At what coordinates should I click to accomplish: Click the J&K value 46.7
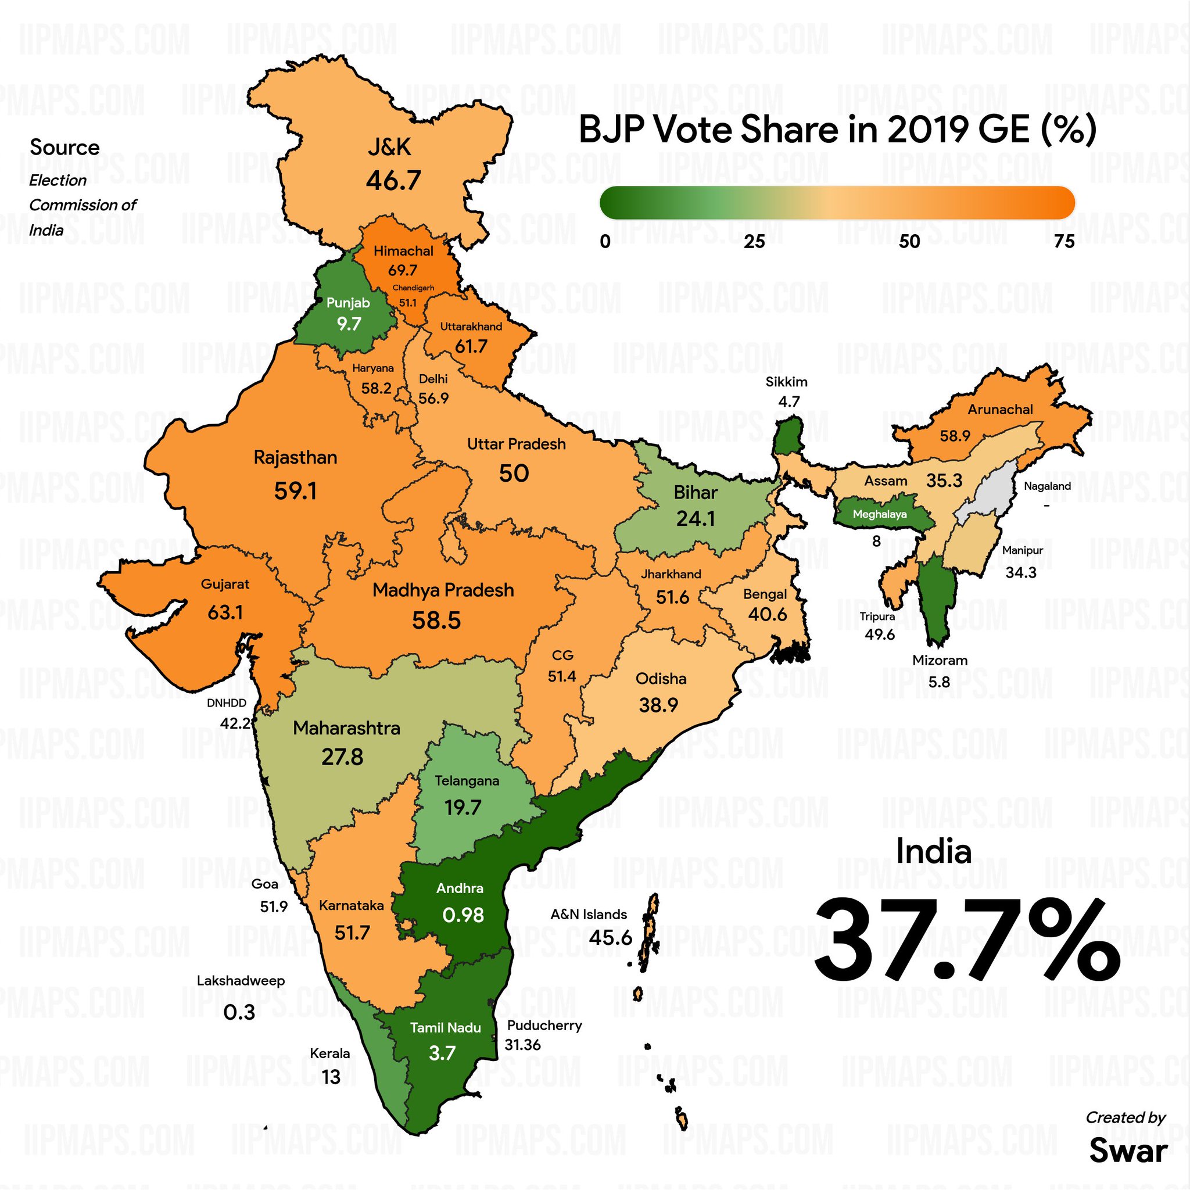tap(393, 181)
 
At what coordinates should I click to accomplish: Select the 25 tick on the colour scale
tap(754, 242)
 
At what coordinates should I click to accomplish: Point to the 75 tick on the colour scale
tap(1064, 242)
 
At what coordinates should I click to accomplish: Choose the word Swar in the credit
tap(1128, 1150)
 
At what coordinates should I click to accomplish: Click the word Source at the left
tap(64, 147)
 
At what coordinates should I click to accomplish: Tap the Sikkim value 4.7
tap(788, 402)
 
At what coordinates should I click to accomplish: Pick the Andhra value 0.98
tap(463, 915)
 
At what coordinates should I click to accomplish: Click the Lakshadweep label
tap(241, 981)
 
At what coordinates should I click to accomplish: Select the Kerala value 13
tap(331, 1077)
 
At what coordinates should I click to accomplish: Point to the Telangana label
tap(467, 781)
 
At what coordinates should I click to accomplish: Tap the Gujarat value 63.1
tap(225, 612)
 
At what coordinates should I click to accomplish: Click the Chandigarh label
tap(413, 288)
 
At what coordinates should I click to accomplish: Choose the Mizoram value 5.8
tap(940, 682)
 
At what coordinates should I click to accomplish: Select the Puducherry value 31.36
tap(522, 1045)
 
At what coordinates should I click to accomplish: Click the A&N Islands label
tap(588, 914)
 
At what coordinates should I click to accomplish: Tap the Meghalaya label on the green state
tap(880, 514)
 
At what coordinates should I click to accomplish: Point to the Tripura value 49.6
tap(880, 635)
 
